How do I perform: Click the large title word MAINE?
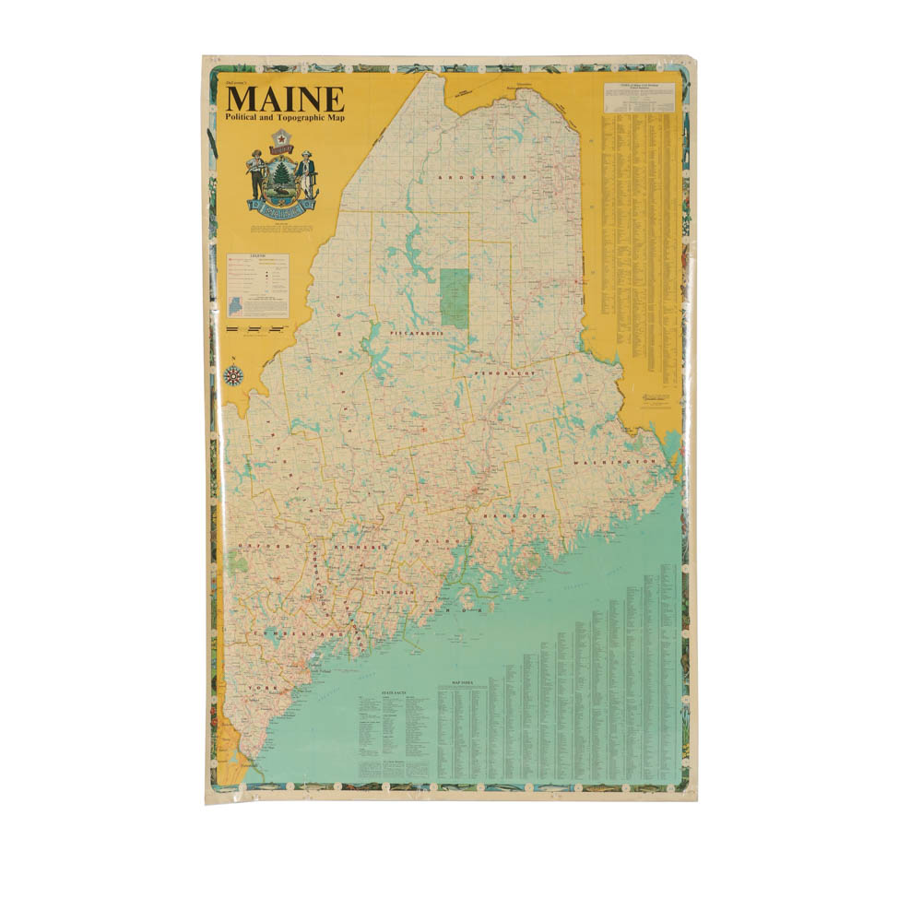click(x=286, y=100)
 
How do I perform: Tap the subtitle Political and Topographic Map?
click(x=285, y=120)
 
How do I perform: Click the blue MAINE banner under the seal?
click(x=281, y=205)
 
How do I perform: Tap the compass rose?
click(x=233, y=375)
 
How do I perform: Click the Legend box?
click(x=257, y=285)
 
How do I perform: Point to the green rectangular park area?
click(x=455, y=298)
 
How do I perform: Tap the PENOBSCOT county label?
click(x=505, y=373)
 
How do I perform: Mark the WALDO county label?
click(x=431, y=541)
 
